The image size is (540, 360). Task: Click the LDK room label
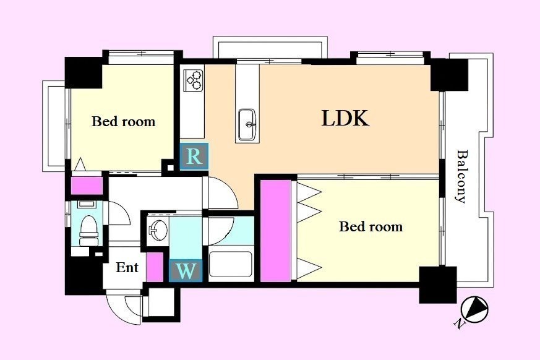(345, 118)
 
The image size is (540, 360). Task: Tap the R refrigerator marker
(194, 156)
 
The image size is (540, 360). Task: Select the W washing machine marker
(186, 271)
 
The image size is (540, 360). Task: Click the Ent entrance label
(127, 267)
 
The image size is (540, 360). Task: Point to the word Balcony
(461, 176)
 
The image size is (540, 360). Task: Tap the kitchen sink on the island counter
(247, 125)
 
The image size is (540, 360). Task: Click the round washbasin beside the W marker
(158, 229)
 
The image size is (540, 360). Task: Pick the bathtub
(230, 264)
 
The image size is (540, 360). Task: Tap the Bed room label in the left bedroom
(123, 122)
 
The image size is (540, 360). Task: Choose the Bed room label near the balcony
(371, 226)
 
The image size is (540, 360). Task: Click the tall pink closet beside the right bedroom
(275, 230)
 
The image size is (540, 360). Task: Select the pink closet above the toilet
(87, 186)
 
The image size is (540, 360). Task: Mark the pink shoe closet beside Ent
(155, 267)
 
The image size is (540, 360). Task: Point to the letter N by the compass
(458, 324)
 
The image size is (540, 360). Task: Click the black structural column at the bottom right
(438, 285)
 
